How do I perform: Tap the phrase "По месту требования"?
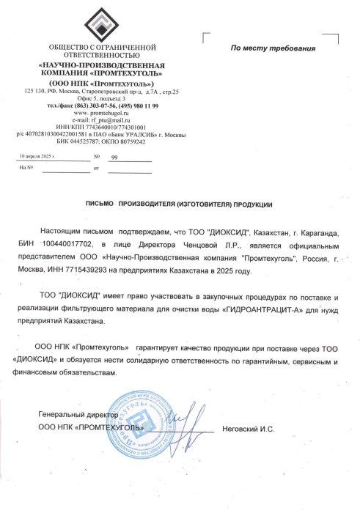click(x=273, y=48)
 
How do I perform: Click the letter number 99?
click(x=114, y=158)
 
